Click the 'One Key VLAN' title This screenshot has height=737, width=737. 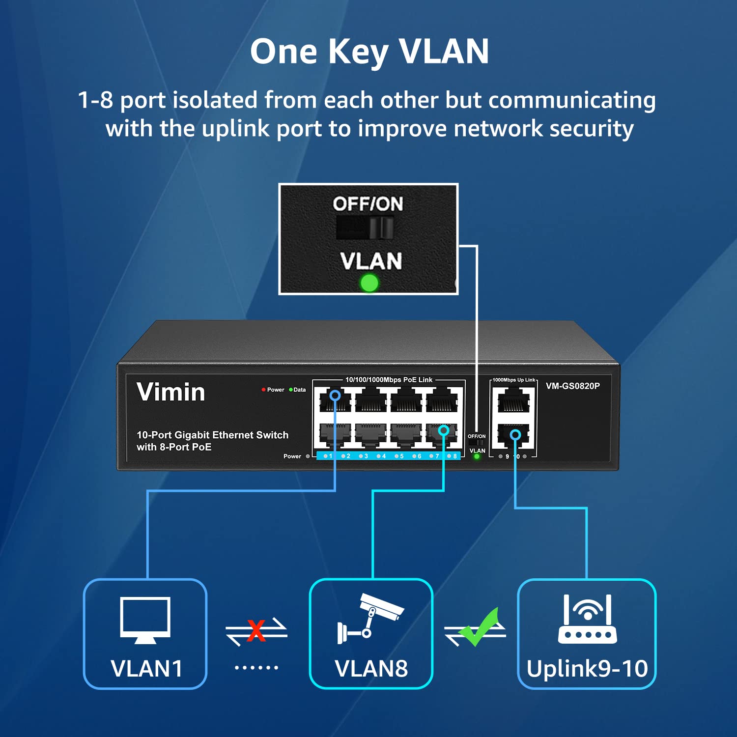pyautogui.click(x=369, y=51)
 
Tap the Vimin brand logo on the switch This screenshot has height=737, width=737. pyautogui.click(x=170, y=392)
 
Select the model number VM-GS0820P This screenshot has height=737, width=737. pyautogui.click(x=572, y=386)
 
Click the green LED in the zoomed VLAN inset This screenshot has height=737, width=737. pyautogui.click(x=369, y=283)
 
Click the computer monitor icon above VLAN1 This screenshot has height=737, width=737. pyautogui.click(x=145, y=620)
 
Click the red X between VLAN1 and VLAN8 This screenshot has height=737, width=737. pyautogui.click(x=256, y=630)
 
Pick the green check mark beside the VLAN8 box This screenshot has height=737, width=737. pyautogui.click(x=478, y=628)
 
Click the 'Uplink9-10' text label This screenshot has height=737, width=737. pyautogui.click(x=587, y=669)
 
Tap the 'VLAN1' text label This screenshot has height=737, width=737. pyautogui.click(x=146, y=669)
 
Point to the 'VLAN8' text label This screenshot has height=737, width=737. pyautogui.click(x=371, y=669)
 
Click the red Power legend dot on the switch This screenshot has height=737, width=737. pyautogui.click(x=264, y=390)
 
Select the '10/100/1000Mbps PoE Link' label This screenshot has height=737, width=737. pyautogui.click(x=389, y=380)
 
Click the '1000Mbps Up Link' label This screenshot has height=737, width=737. pyautogui.click(x=514, y=380)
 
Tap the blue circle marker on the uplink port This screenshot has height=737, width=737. pyautogui.click(x=515, y=435)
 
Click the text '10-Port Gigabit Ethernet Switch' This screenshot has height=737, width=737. pyautogui.click(x=212, y=435)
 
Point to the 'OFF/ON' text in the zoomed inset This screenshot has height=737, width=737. pyautogui.click(x=368, y=204)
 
